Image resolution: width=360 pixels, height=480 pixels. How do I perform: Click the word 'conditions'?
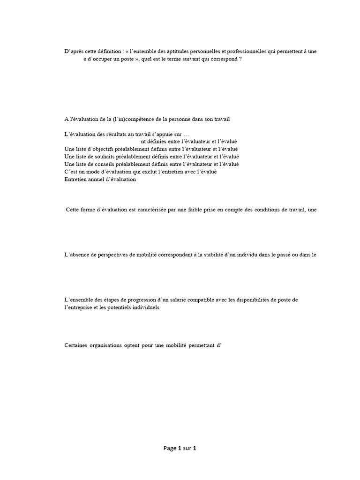click(270, 210)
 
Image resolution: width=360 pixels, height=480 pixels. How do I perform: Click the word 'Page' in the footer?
click(170, 448)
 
